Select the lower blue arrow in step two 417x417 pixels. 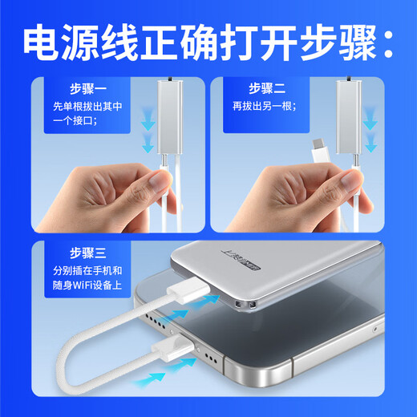tap(370, 145)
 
